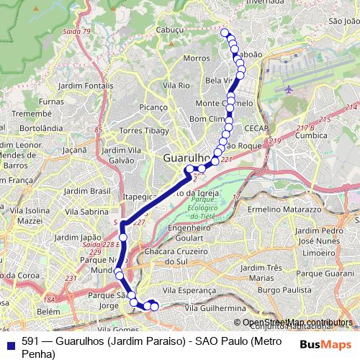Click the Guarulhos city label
click(186, 157)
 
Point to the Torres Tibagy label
click(145, 132)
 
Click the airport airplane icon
click(289, 90)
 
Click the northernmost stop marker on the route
click(225, 32)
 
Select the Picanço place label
click(153, 107)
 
